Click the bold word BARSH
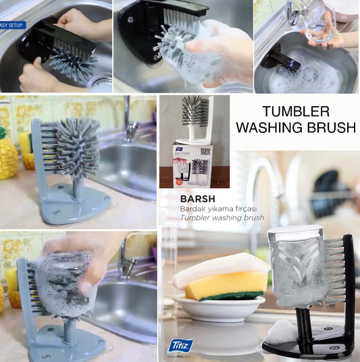pyautogui.click(x=178, y=200)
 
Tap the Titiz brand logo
pyautogui.click(x=182, y=346)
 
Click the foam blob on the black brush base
pyautogui.click(x=281, y=333)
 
